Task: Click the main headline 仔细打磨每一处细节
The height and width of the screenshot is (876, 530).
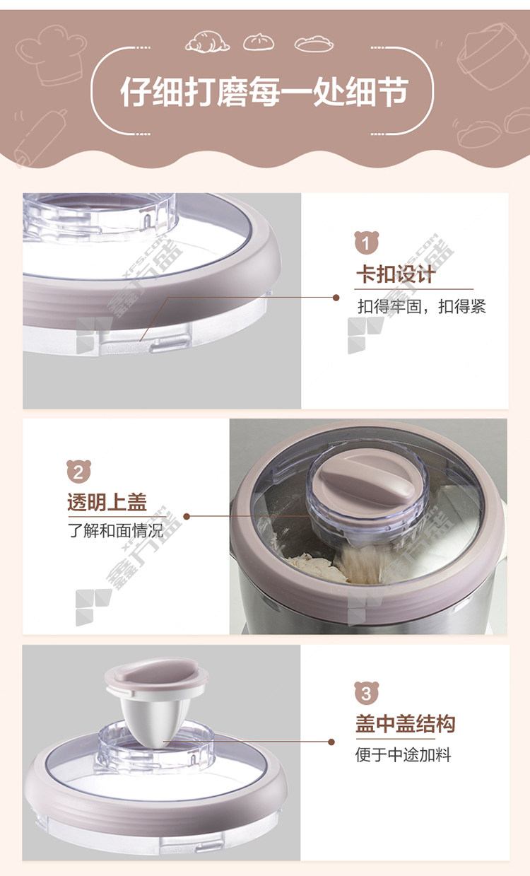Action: pyautogui.click(x=264, y=92)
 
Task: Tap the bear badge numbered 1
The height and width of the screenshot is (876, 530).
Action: pyautogui.click(x=366, y=243)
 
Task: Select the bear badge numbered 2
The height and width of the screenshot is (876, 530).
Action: pyautogui.click(x=78, y=472)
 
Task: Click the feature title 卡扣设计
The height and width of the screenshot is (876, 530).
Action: pyautogui.click(x=396, y=274)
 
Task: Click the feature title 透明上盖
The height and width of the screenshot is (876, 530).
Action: pyautogui.click(x=107, y=502)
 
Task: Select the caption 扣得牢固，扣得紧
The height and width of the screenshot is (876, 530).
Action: pyautogui.click(x=422, y=307)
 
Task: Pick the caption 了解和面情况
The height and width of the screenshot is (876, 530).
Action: pyautogui.click(x=116, y=531)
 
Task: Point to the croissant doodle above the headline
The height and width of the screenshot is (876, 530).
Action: pyautogui.click(x=207, y=42)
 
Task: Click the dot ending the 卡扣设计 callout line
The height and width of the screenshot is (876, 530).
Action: pyautogui.click(x=336, y=298)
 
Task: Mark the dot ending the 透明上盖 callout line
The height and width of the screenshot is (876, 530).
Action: pyautogui.click(x=187, y=517)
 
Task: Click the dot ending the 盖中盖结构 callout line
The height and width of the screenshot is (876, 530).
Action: pyautogui.click(x=331, y=742)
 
